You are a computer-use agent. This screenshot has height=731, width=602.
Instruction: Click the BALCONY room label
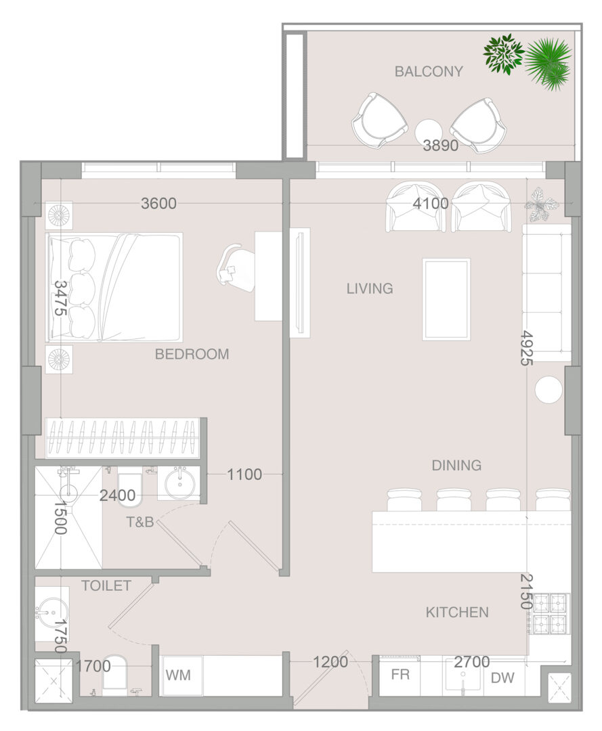429,71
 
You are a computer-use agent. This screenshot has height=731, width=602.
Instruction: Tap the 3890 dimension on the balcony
441,146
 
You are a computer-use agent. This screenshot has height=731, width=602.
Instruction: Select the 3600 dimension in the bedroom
159,203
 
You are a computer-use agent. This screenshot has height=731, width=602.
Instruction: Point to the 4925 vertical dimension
526,348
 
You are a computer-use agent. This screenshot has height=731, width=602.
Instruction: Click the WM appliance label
178,675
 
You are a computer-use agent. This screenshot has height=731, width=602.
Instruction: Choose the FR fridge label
400,675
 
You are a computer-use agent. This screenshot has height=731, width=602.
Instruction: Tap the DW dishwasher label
502,678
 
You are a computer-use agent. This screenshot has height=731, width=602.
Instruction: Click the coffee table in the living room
446,299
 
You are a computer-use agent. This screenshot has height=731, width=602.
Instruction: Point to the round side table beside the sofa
549,389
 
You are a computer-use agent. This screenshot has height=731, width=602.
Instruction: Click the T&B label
140,522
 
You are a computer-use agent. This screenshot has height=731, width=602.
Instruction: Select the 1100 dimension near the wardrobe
244,474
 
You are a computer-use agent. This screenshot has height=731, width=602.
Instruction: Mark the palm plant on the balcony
549,64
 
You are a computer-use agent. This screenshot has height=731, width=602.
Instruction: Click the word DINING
456,465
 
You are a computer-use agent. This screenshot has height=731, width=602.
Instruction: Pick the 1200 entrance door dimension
330,661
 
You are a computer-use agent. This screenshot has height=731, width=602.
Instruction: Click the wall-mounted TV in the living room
300,282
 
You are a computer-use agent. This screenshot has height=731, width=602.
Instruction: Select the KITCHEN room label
457,612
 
